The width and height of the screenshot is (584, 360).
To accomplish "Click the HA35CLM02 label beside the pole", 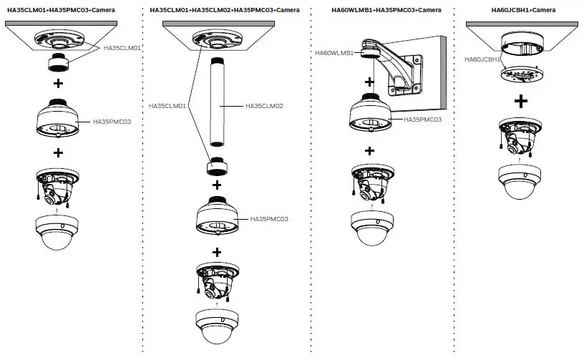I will pos(264,106).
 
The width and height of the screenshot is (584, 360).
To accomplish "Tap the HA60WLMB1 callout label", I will pos(334,52).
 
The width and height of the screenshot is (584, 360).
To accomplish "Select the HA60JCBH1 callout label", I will pos(483,59).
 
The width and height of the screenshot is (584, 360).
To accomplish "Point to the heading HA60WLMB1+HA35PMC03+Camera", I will pos(376,10).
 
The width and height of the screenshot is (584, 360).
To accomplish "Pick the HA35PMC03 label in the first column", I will pos(112,122).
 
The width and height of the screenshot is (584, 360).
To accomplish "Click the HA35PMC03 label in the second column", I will pos(268,218).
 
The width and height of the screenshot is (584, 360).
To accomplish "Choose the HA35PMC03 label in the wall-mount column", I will pos(422,119).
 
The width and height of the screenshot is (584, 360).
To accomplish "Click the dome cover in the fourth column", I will pos(521,181).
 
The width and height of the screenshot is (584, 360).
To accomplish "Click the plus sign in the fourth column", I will pos(522,100).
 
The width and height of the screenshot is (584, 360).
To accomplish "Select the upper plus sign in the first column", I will pos(58,84).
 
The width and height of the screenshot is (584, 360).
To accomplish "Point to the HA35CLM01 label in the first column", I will pos(123,49).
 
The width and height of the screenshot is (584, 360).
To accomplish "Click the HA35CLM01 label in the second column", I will pos(167,106).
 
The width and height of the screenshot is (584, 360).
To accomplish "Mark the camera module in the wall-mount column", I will pos(369,183).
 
